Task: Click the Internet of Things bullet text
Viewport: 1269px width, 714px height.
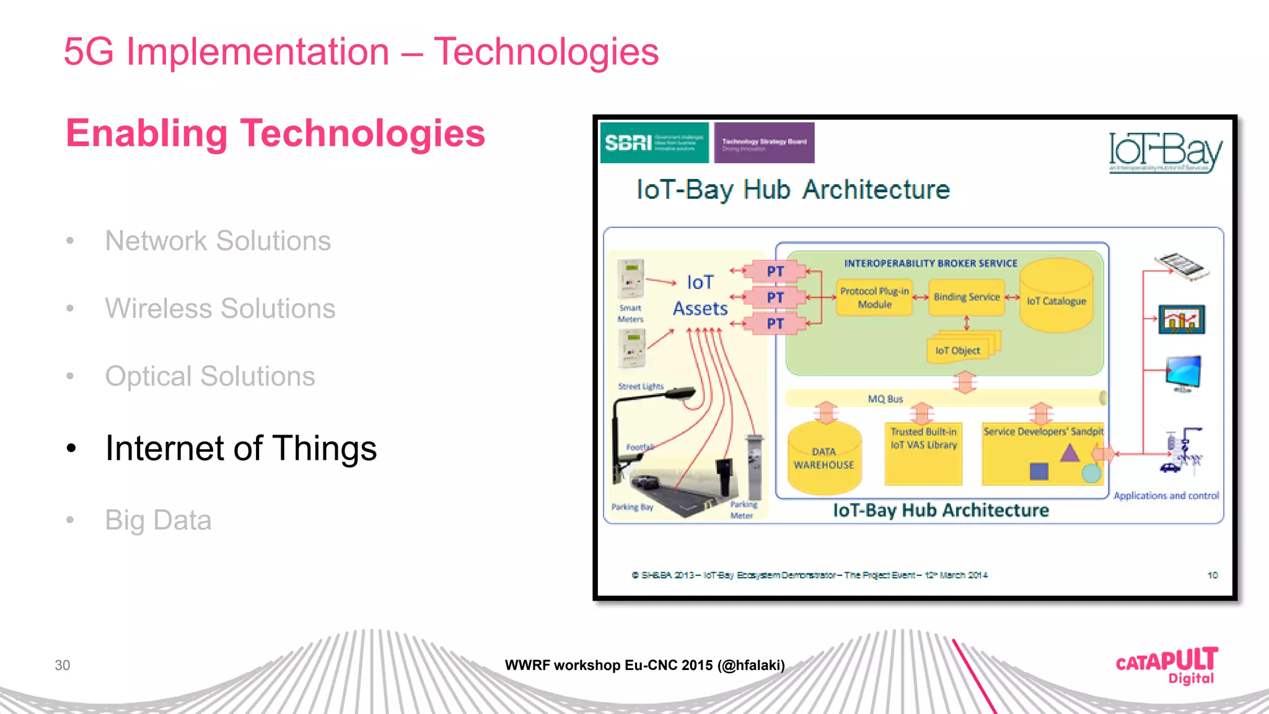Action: [x=240, y=448]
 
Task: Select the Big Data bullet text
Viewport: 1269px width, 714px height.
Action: [x=158, y=520]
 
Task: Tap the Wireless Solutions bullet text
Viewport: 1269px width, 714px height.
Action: [x=220, y=308]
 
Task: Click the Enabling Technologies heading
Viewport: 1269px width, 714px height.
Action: [x=275, y=133]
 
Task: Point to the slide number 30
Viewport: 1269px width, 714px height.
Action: [x=62, y=665]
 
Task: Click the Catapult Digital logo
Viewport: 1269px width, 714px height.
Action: [x=1167, y=666]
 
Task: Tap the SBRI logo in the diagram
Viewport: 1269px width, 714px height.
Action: [x=654, y=143]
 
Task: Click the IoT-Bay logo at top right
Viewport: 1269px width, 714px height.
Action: [x=1165, y=152]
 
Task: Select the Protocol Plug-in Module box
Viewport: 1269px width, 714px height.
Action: [x=874, y=298]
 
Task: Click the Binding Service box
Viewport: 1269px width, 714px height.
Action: [x=967, y=297]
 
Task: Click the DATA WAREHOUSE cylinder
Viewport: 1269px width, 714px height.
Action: [x=824, y=459]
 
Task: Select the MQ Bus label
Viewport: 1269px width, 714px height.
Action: [x=885, y=399]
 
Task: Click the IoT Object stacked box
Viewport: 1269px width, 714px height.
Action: [x=959, y=350]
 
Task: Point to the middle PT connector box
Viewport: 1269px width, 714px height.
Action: [x=775, y=297]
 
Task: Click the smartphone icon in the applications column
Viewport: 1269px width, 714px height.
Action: [x=1182, y=267]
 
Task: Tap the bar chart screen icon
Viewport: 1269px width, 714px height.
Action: [x=1182, y=320]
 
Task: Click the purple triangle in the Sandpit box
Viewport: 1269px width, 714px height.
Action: [x=1070, y=453]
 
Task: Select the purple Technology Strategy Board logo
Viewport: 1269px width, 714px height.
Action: [x=764, y=143]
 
